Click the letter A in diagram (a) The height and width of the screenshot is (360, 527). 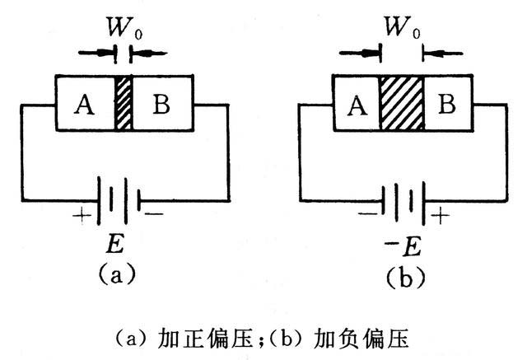click(82, 105)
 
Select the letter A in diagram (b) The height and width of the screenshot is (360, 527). click(357, 105)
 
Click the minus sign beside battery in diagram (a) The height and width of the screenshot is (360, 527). click(156, 214)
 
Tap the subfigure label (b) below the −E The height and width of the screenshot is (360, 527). click(403, 276)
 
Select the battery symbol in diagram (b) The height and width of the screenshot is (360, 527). click(403, 199)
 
